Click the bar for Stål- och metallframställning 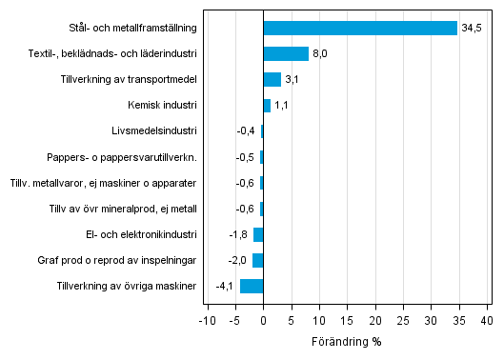pos(360,28)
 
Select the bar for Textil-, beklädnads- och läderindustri pos(286,53)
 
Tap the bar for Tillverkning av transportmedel pos(272,79)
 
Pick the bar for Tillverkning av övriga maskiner pos(252,286)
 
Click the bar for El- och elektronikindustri pos(258,234)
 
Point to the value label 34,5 pos(472,28)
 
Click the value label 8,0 pos(321,53)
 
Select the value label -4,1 pos(224,286)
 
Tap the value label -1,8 pos(237,234)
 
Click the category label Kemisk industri pos(162,105)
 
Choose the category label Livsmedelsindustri pos(154,130)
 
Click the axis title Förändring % pos(347,341)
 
